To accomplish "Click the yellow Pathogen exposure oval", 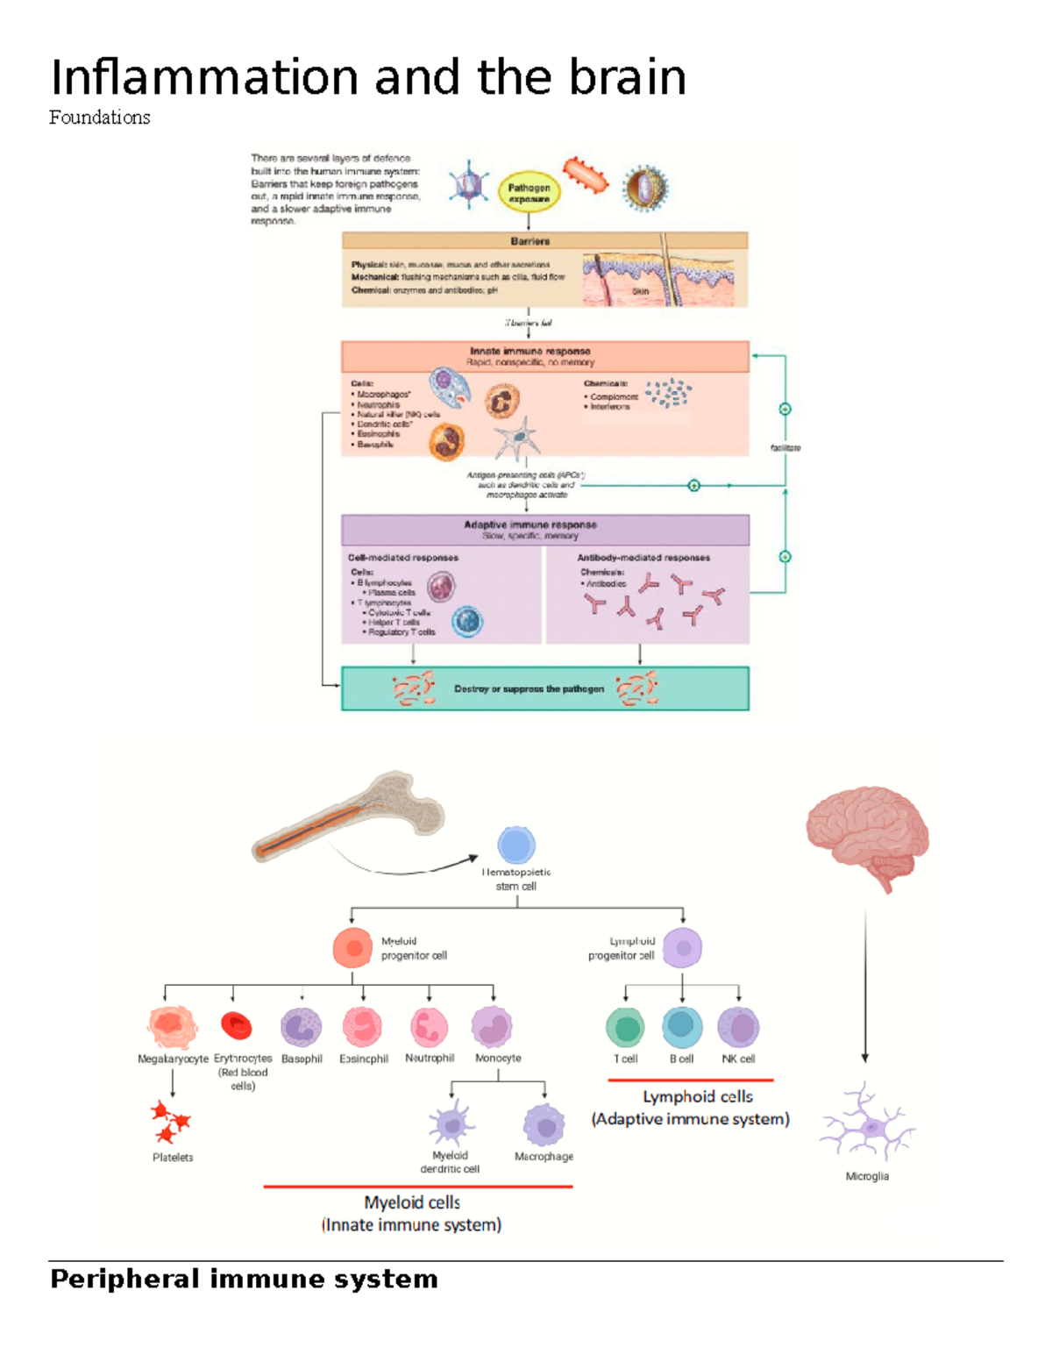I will pos(529,193).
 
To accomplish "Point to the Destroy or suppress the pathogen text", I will pos(529,689).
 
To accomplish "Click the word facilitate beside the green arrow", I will pos(785,448).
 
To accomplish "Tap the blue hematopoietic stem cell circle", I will pos(516,845).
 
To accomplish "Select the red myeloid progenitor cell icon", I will pos(353,948).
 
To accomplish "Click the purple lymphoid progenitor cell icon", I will pos(682,948).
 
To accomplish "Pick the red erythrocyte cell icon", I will pos(237,1025).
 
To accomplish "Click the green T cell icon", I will pos(625,1028).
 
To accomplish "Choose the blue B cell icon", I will pos(682,1027).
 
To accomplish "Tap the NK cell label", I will pos(738,1059).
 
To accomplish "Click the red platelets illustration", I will pos(170,1123).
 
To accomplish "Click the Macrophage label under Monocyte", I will pos(544,1157).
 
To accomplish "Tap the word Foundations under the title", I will pos(99,118).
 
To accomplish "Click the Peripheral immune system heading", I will pos(244,1280).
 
